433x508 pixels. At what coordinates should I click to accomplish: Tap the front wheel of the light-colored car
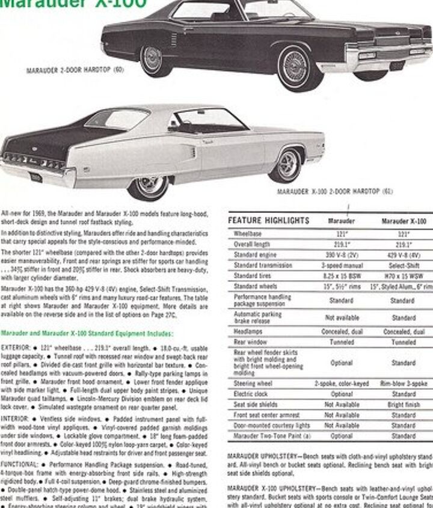(285, 164)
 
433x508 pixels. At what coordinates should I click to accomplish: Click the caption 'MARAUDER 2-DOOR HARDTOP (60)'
(75, 70)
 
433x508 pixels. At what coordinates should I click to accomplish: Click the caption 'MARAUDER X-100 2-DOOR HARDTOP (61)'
(335, 192)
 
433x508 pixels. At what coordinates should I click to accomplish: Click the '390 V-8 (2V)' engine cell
(341, 254)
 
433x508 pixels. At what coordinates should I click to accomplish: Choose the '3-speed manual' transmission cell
(341, 265)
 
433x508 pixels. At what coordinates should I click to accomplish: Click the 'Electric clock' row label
(251, 394)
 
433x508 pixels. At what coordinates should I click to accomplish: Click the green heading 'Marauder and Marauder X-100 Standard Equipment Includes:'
(87, 333)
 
